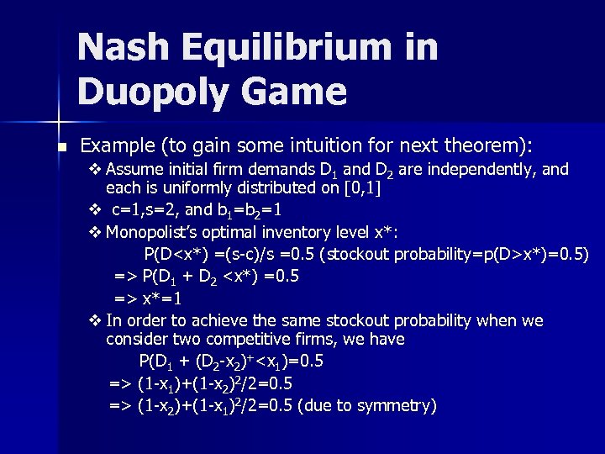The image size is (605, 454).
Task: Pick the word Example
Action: coord(125,146)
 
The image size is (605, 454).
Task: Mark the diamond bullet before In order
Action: coord(94,320)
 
